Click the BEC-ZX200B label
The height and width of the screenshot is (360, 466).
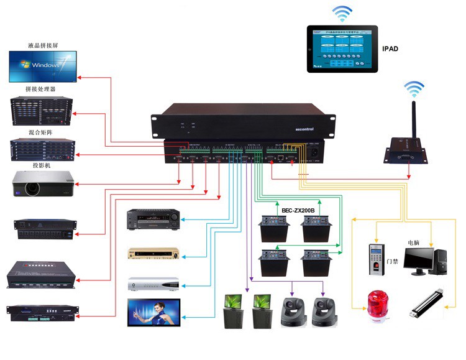point(298,210)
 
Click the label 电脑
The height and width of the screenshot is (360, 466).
point(414,242)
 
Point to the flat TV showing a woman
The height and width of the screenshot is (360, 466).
point(153,313)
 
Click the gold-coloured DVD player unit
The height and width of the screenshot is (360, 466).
point(153,253)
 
